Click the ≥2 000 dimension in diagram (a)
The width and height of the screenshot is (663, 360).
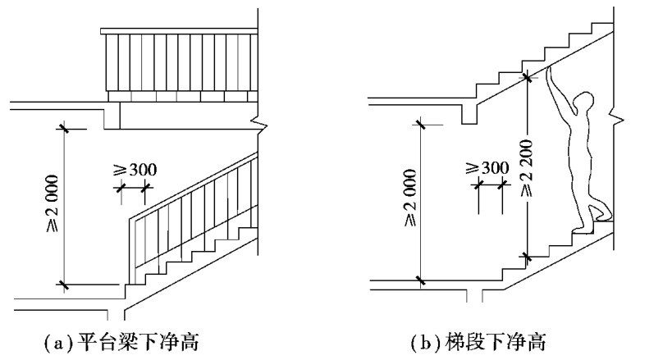(52, 205)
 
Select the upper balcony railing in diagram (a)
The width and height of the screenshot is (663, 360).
(180, 62)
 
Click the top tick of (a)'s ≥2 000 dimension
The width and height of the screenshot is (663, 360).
(62, 127)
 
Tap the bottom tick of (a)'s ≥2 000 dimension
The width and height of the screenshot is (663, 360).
(62, 285)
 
